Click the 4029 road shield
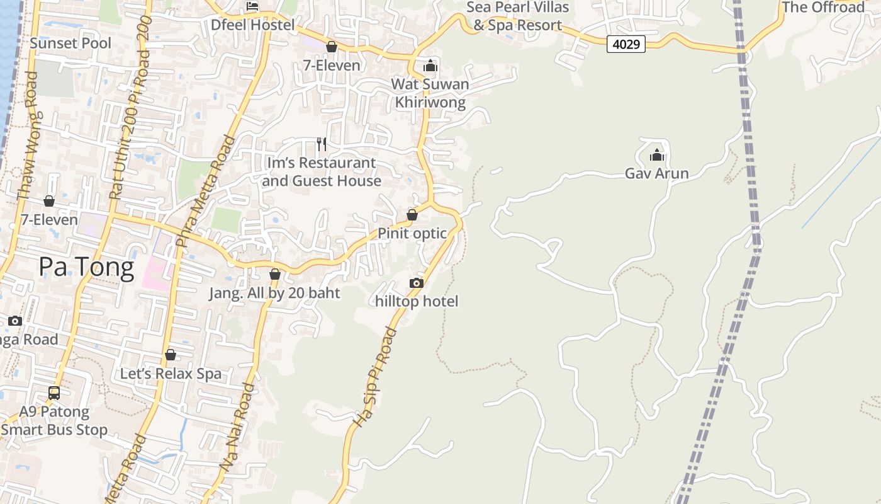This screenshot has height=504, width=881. point(626,44)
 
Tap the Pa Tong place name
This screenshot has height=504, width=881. point(86,267)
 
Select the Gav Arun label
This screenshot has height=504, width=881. point(656,173)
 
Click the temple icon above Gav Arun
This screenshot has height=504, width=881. point(656,154)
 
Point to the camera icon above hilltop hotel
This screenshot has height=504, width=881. point(417,283)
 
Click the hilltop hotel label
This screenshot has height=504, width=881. point(417,301)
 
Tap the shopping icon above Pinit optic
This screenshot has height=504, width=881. point(412,215)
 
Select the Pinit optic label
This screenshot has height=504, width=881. point(412,233)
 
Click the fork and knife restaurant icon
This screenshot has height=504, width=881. point(322,144)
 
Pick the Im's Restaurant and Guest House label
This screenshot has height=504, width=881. point(322,172)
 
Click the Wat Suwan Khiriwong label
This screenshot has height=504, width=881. point(430,93)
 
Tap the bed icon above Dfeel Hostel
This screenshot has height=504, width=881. point(252,6)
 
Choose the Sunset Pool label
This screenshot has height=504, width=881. point(70,43)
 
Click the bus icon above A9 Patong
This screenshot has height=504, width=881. point(54,393)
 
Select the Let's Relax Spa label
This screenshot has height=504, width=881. point(171,374)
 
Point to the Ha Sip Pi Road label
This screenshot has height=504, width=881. point(375,378)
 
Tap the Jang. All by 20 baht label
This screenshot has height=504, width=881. point(274,293)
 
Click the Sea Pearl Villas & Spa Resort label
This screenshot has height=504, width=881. point(518,16)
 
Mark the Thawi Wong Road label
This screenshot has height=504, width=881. point(29,135)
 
